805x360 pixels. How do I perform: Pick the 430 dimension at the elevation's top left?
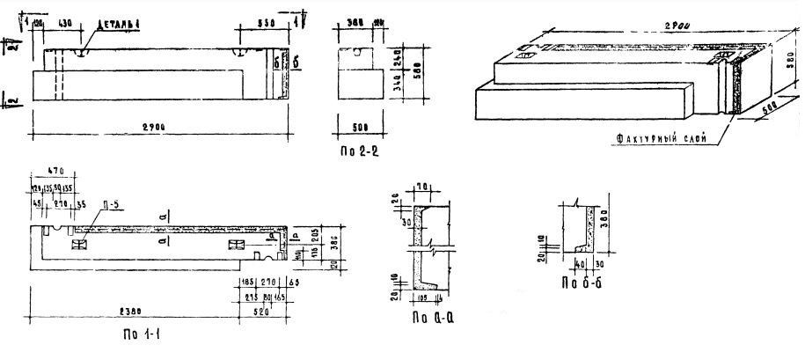[x=66, y=20]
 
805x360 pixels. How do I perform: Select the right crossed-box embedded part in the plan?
[x=236, y=244]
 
